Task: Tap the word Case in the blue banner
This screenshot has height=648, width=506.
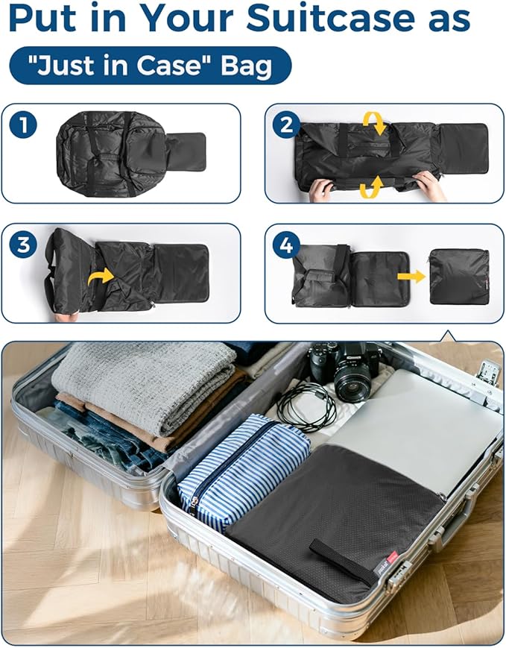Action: [x=168, y=66]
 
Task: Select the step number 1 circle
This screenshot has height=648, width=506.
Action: [x=23, y=125]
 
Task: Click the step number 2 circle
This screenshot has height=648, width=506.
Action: [x=286, y=125]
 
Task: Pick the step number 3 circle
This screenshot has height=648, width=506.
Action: [x=23, y=245]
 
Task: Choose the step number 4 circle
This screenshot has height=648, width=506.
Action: [x=286, y=245]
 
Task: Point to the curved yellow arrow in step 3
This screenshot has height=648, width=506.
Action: [x=101, y=277]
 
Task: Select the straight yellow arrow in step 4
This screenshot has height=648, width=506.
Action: [x=411, y=276]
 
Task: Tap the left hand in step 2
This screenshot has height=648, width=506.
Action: [x=321, y=189]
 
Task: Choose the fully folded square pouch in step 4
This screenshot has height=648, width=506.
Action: [x=459, y=277]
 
